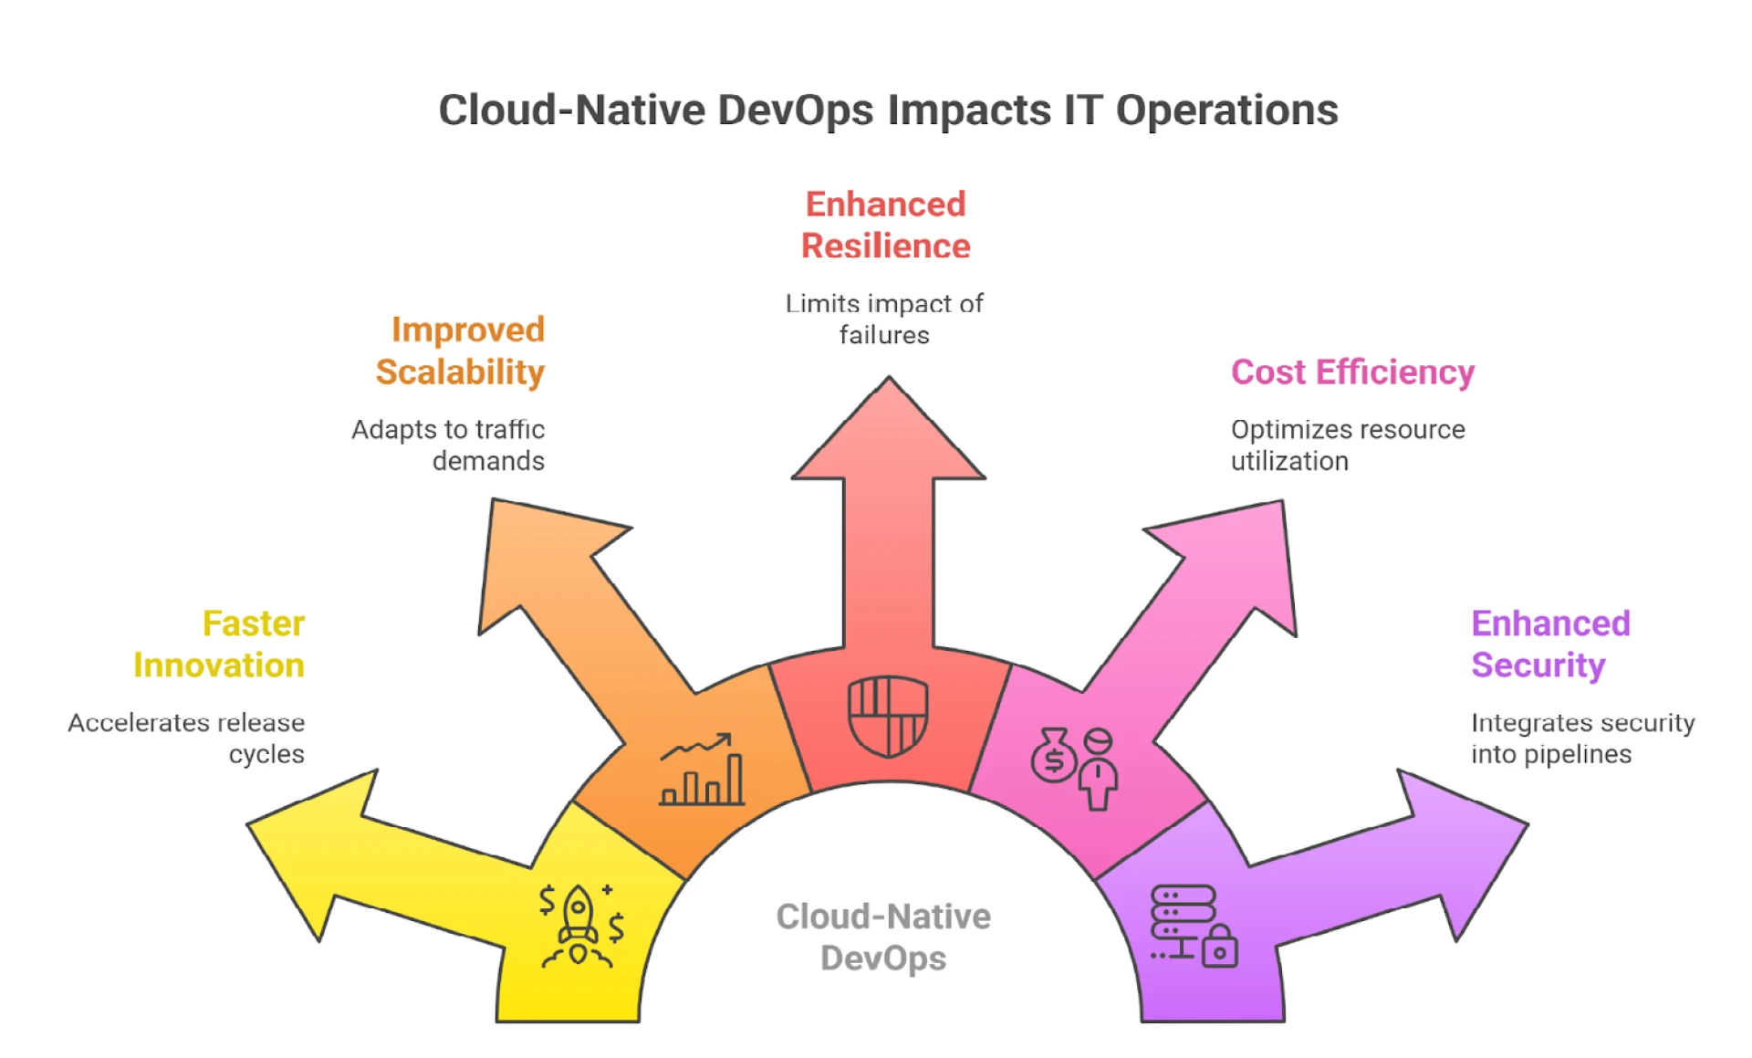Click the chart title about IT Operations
point(888,110)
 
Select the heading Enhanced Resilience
point(885,225)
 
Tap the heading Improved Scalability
point(460,351)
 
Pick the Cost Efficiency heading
point(1352,372)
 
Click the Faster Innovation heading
point(219,644)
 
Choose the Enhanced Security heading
point(1550,644)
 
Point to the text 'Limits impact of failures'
point(884,319)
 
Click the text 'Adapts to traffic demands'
point(448,445)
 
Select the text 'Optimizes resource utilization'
point(1348,445)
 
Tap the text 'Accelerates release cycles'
point(186,739)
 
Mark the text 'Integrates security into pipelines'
point(1583,739)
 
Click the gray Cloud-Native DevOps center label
point(883,938)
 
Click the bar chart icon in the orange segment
point(702,770)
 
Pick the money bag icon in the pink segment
point(1054,755)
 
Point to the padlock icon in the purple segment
point(1220,946)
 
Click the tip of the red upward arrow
point(889,377)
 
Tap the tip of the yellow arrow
point(248,826)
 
